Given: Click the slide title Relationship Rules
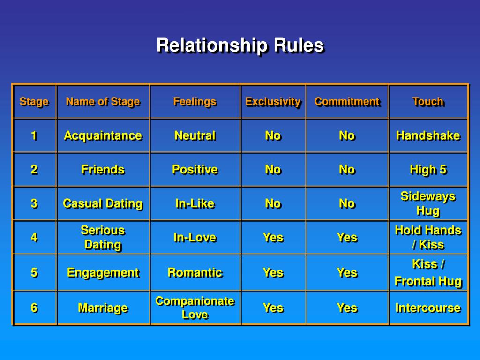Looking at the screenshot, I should pyautogui.click(x=240, y=45).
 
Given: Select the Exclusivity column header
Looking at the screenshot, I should pyautogui.click(x=273, y=101).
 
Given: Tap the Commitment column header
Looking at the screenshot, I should pyautogui.click(x=347, y=101).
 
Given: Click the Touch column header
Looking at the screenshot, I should pyautogui.click(x=427, y=101).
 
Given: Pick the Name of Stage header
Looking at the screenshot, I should pyautogui.click(x=103, y=101).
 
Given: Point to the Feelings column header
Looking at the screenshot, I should pyautogui.click(x=195, y=101).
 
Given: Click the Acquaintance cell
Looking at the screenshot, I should pyautogui.click(x=103, y=135).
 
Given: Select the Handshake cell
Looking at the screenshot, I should pyautogui.click(x=427, y=135).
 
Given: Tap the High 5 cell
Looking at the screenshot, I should pyautogui.click(x=427, y=170).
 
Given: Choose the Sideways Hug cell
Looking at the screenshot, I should pyautogui.click(x=427, y=203).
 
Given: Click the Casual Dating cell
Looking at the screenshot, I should pyautogui.click(x=103, y=203).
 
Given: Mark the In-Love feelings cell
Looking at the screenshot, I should pyautogui.click(x=195, y=237).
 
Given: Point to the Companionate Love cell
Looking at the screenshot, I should pyautogui.click(x=195, y=307).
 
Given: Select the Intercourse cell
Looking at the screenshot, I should pyautogui.click(x=427, y=307).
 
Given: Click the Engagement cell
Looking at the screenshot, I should pyautogui.click(x=103, y=272).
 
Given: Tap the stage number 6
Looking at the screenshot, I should pyautogui.click(x=34, y=307).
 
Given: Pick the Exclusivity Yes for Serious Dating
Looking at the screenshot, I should pyautogui.click(x=273, y=237).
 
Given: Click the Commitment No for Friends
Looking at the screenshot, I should pyautogui.click(x=347, y=170).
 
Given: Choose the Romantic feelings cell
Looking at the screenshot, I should pyautogui.click(x=195, y=272).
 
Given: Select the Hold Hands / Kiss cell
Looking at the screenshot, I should pyautogui.click(x=427, y=237).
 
